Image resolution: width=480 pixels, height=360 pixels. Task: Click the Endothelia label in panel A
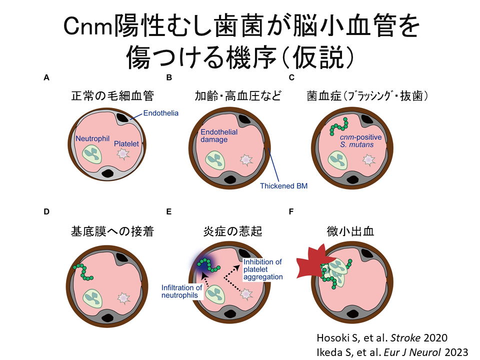point(160,113)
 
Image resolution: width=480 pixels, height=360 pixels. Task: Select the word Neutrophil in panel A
point(92,138)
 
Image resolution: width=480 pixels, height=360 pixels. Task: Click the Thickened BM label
point(283,186)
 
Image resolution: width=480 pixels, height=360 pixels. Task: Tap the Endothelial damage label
point(214,136)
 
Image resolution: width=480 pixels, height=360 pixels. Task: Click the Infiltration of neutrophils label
point(181,291)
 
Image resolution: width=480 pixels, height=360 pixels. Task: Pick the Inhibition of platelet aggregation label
point(262,269)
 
